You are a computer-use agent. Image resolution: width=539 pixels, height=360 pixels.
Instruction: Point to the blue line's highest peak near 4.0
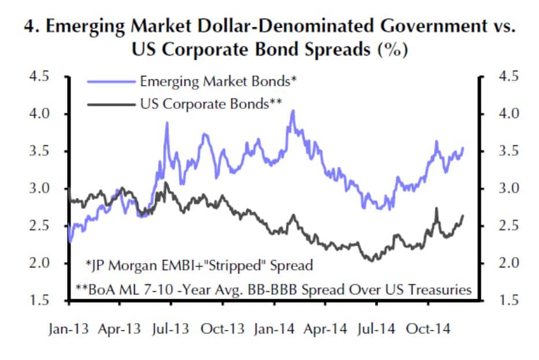coord(293,111)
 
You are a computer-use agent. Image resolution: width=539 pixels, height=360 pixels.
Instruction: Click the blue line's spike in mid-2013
coord(167,123)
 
